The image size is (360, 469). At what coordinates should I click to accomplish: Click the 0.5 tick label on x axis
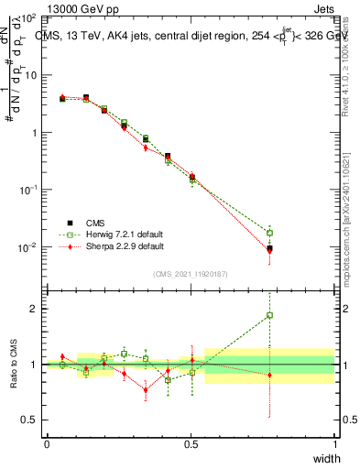click(191, 444)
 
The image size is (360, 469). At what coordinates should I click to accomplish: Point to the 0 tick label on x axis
click(47, 444)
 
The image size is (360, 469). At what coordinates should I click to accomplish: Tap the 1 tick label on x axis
click(334, 444)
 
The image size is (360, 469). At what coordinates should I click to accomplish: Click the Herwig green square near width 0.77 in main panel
click(269, 233)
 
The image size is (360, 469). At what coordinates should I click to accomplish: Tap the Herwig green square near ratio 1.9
click(269, 315)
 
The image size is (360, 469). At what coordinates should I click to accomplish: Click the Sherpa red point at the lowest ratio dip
click(146, 390)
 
